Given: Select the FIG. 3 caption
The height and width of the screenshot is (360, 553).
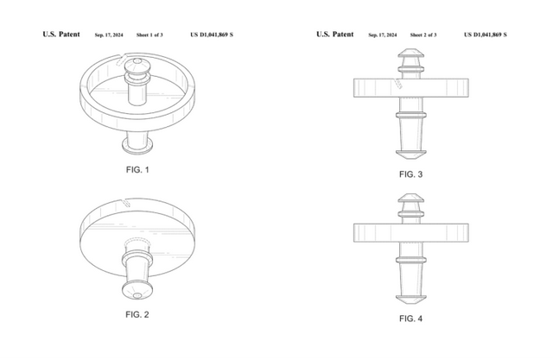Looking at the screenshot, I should [x=410, y=174].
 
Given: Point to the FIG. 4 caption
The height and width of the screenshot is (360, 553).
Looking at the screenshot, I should [x=410, y=319].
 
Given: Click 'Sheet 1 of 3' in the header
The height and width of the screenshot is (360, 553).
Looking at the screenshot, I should [x=151, y=35].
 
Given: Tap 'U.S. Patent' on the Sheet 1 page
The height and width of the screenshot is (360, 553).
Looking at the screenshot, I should [x=61, y=35].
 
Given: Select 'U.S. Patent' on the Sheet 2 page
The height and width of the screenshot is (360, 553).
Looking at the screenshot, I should [x=334, y=35].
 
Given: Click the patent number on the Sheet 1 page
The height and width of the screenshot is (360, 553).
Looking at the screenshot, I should [x=212, y=35].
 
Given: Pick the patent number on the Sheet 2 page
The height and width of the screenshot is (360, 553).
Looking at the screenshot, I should [x=485, y=35].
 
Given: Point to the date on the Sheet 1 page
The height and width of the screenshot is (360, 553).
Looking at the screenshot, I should [x=107, y=35].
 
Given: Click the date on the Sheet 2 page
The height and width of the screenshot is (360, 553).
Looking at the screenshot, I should [x=381, y=35].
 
